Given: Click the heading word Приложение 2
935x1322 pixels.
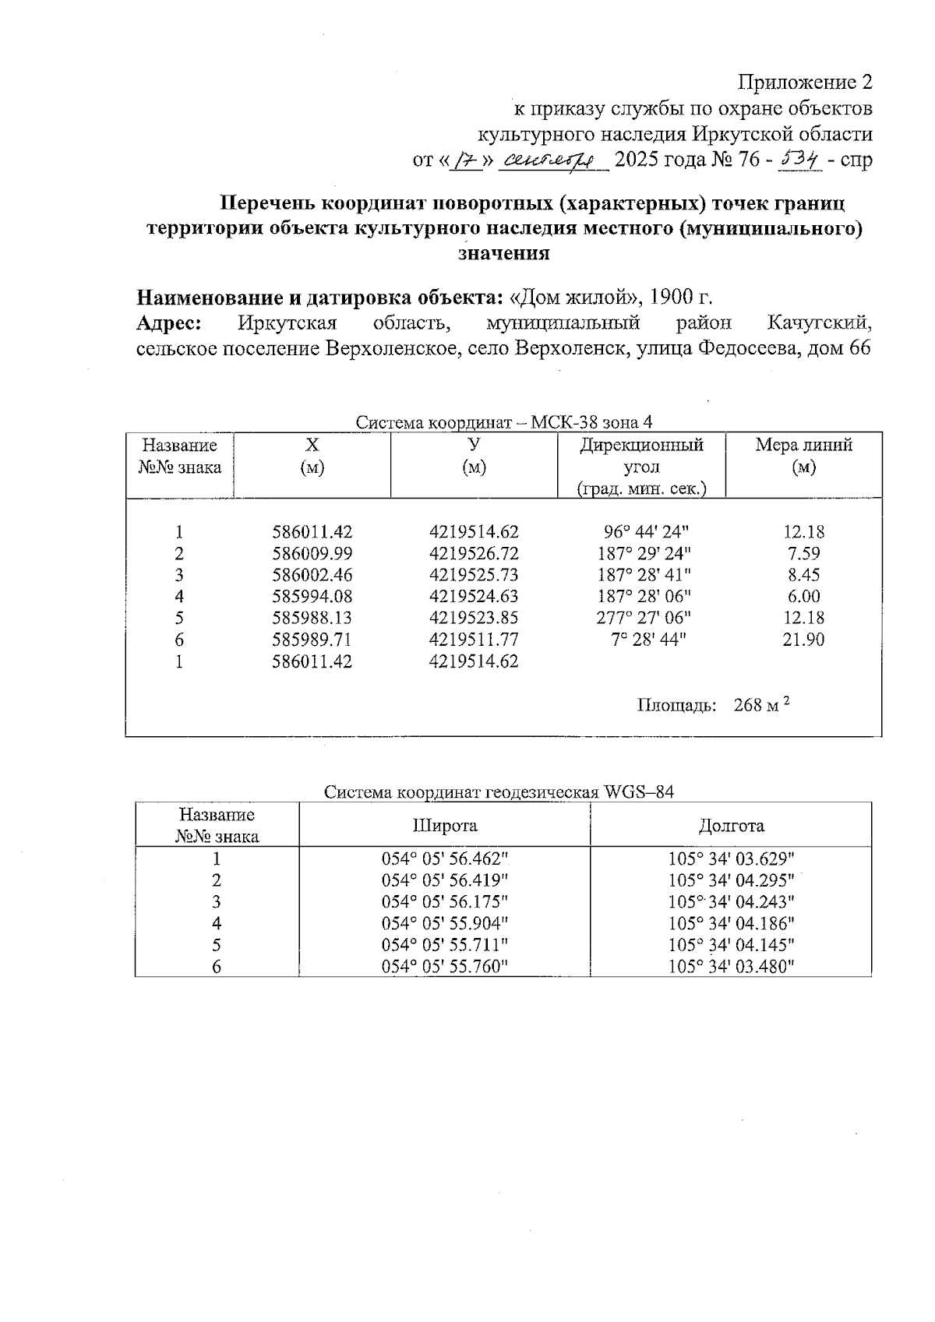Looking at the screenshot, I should click(805, 83).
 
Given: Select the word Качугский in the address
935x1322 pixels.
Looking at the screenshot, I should click(818, 323).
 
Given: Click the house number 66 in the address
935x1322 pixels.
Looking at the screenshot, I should click(858, 348).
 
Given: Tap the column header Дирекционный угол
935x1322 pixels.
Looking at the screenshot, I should click(641, 466).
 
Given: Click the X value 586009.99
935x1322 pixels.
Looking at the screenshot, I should click(312, 554).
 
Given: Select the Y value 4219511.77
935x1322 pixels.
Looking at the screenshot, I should click(474, 640).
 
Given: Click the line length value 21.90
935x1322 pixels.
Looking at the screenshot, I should click(803, 640).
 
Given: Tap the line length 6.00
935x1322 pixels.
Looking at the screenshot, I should click(803, 597).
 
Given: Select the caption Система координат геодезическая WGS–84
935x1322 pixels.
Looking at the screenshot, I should click(499, 793).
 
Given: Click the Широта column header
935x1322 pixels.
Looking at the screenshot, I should click(445, 826).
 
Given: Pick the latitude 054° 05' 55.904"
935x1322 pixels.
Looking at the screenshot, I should click(445, 923).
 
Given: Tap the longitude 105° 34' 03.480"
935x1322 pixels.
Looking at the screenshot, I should click(731, 967).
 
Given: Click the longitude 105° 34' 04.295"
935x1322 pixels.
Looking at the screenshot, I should click(731, 880).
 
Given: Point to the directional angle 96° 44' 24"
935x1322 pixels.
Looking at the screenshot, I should click(646, 533).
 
